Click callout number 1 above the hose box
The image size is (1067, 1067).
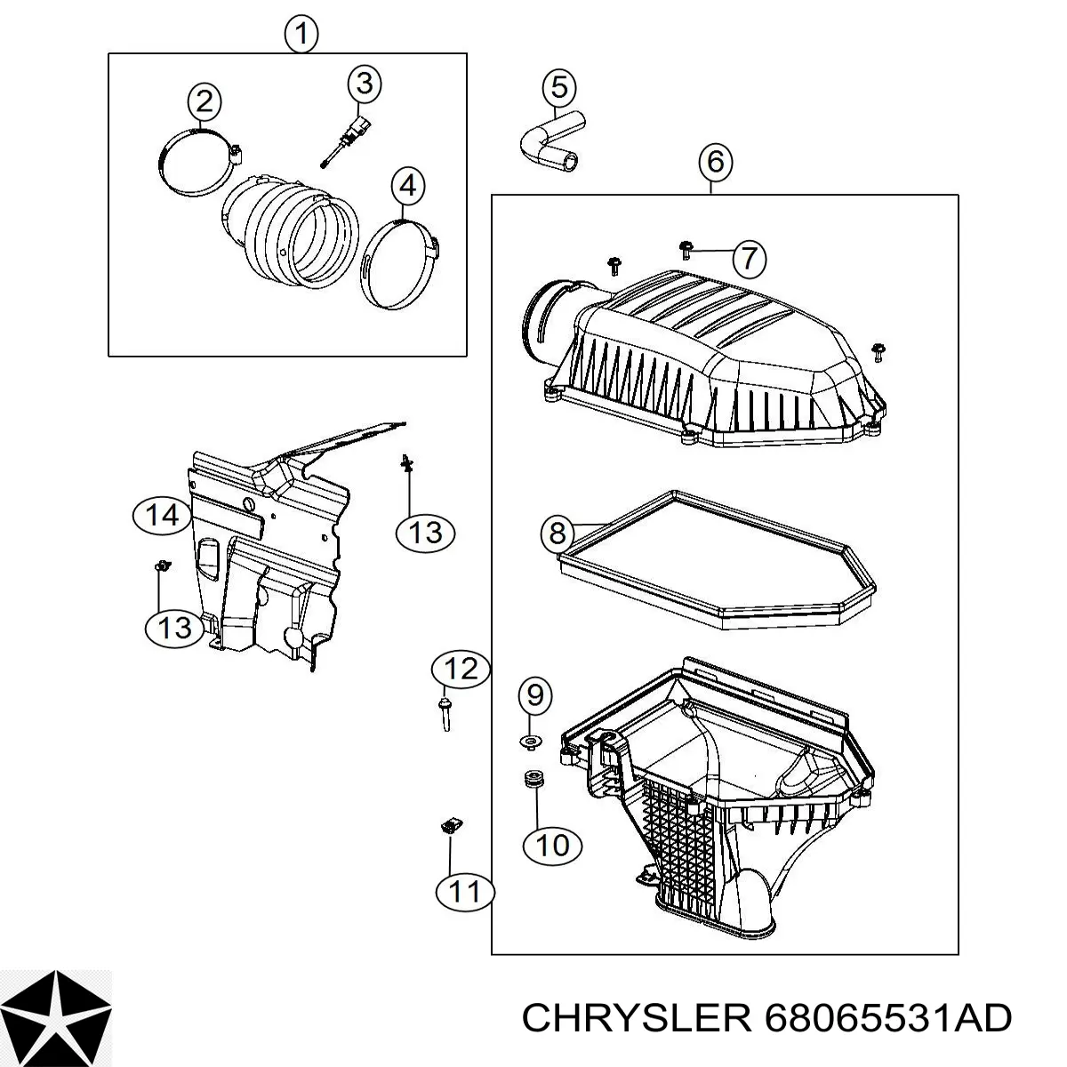point(301,34)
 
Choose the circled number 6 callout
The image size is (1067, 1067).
point(716,162)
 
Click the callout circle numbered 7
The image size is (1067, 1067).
point(750,258)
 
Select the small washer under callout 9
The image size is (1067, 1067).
point(531,741)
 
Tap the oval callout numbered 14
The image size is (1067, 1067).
point(163,516)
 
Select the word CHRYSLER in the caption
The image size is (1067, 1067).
point(637,1017)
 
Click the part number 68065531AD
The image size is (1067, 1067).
point(887,1017)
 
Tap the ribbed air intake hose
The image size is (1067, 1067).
point(290,235)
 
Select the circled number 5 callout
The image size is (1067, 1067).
point(558,87)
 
